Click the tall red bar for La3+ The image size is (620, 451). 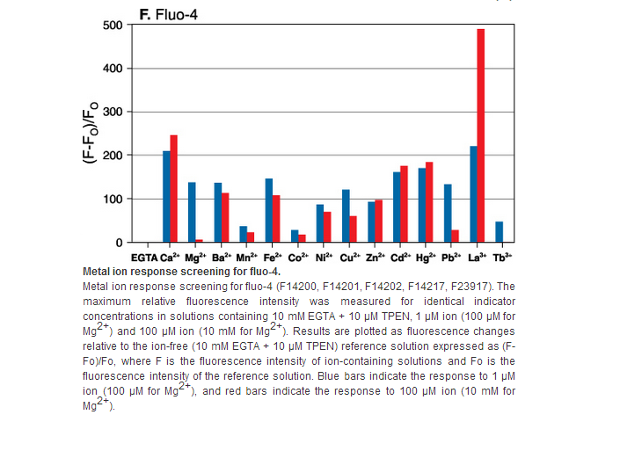click(x=480, y=135)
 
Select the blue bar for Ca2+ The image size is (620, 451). click(x=166, y=196)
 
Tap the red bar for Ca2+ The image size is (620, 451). click(x=173, y=188)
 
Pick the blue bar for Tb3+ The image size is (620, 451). click(x=499, y=232)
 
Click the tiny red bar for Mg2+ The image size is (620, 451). click(x=200, y=241)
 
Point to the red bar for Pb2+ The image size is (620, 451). click(x=456, y=236)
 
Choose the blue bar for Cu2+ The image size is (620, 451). click(x=346, y=215)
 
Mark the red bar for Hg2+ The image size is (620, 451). click(x=429, y=202)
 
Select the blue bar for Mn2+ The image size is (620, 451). click(x=244, y=234)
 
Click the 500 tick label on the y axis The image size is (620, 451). click(x=113, y=25)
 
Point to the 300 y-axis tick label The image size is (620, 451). click(x=113, y=112)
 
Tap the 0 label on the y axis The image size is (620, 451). click(x=119, y=243)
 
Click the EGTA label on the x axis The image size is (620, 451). click(x=144, y=258)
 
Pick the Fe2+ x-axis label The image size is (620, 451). click(x=273, y=258)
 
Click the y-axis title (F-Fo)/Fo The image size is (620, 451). click(x=91, y=133)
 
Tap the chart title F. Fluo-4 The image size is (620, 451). click(x=169, y=15)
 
